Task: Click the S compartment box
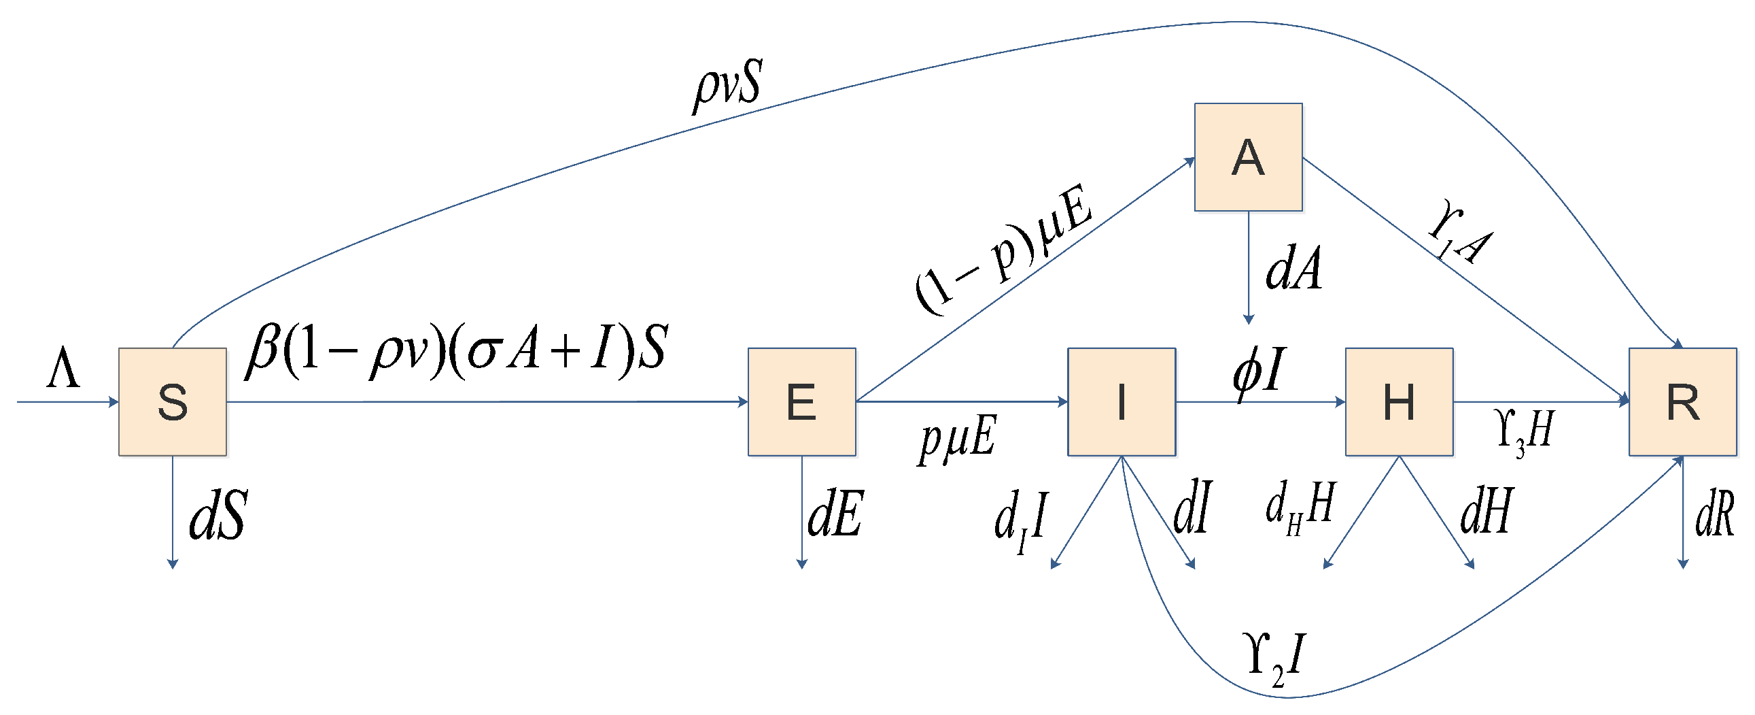(173, 401)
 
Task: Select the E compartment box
(801, 401)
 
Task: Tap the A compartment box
(1248, 156)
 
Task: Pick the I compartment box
(1122, 401)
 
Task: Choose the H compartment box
(1399, 401)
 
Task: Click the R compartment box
(1682, 401)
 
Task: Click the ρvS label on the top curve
(726, 86)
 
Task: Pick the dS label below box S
(218, 516)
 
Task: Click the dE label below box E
(835, 513)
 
